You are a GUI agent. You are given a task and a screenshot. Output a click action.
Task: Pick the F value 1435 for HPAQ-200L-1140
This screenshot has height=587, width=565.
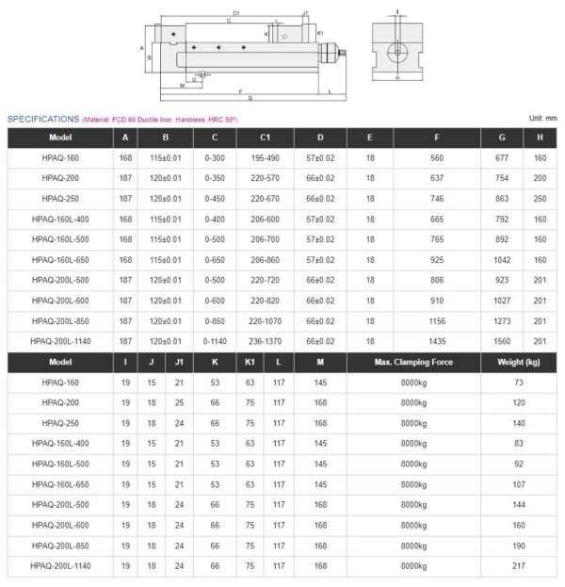tap(436, 341)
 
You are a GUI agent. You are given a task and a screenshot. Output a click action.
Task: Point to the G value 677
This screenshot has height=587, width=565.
tap(502, 158)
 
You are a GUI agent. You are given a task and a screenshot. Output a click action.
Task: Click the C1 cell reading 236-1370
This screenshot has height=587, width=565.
tap(266, 341)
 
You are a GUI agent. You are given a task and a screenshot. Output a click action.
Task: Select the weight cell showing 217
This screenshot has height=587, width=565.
tap(518, 566)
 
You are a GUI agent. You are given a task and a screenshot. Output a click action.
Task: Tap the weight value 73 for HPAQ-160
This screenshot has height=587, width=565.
tap(518, 383)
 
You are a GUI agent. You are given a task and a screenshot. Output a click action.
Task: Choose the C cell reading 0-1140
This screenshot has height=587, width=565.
tap(216, 341)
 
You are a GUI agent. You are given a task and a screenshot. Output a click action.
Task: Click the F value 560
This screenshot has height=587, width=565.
tap(436, 158)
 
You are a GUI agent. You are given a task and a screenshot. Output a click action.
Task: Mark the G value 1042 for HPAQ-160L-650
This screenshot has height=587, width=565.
tap(502, 260)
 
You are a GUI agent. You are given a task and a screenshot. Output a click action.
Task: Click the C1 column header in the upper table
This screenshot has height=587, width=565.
tap(266, 137)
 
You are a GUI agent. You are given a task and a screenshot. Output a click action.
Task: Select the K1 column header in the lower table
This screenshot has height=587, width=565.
tap(250, 363)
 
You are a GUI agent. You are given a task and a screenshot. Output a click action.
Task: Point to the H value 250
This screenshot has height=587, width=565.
tap(541, 199)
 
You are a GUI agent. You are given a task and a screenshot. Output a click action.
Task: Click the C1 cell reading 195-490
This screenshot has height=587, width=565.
tap(266, 158)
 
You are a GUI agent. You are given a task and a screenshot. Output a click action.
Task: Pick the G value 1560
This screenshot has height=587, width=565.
tap(502, 341)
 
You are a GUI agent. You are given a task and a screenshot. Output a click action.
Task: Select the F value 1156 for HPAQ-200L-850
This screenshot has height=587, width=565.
tap(436, 321)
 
